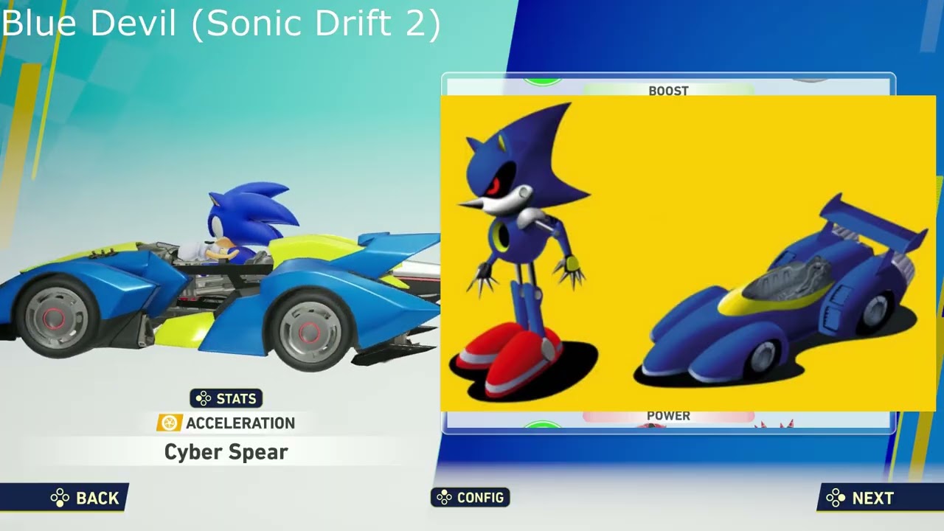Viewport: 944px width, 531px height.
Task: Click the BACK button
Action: pos(85,498)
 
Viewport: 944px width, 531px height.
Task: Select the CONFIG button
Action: pos(471,498)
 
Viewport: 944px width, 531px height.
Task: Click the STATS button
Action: pos(226,398)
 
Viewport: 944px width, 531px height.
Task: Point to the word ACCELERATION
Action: pos(240,423)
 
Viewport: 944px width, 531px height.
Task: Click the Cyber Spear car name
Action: pos(226,452)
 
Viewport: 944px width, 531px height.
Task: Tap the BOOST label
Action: pos(668,91)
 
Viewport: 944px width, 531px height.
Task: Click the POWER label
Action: pos(668,416)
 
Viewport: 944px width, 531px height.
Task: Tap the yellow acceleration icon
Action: pos(170,423)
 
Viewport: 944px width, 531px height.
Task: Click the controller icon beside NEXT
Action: pos(836,498)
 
